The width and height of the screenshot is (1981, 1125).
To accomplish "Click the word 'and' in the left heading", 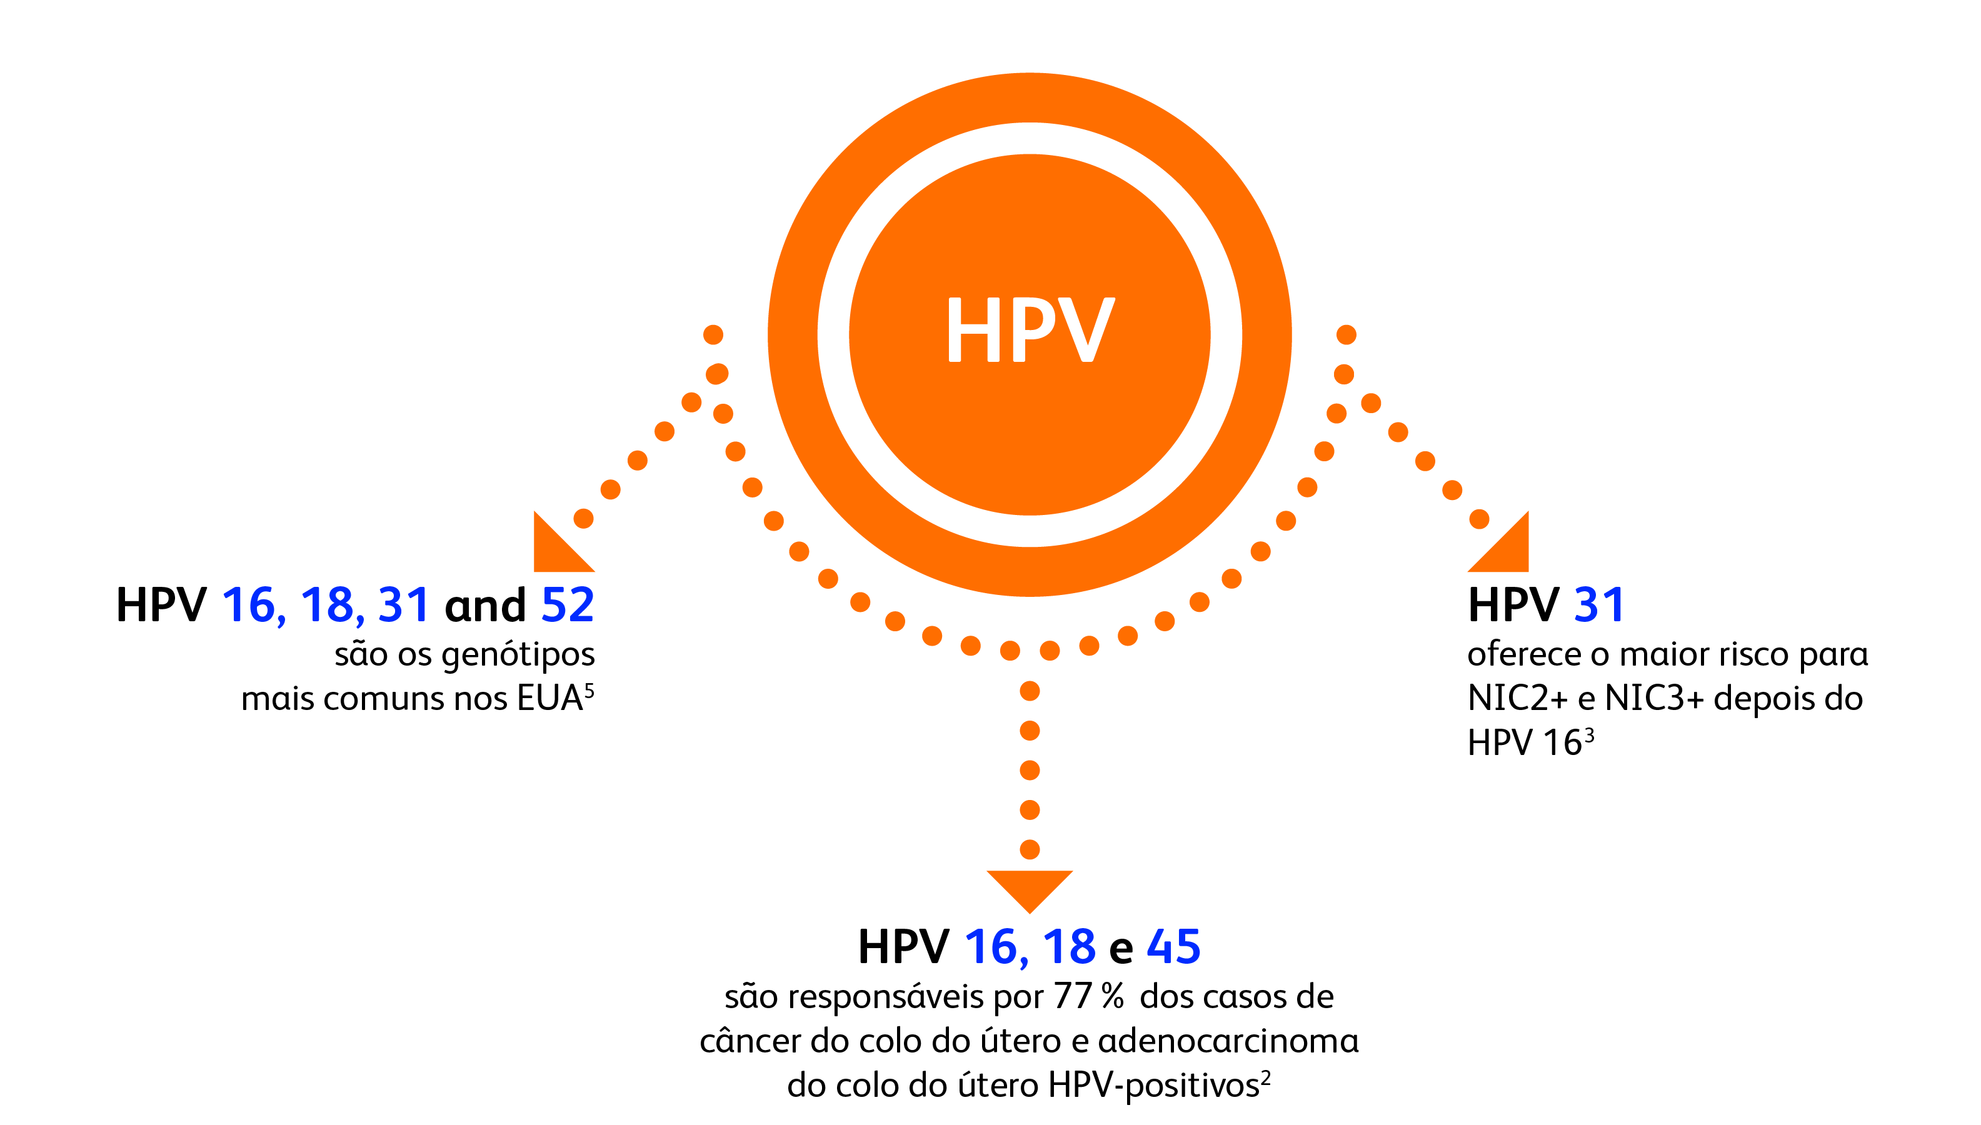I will (x=484, y=605).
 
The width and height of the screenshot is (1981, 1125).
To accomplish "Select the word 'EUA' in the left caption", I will (x=549, y=699).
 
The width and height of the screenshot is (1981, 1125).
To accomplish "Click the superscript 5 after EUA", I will (x=589, y=689).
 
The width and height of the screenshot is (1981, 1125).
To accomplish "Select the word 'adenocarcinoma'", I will (x=1228, y=1041).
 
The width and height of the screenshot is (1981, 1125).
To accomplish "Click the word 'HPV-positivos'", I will (x=1153, y=1086).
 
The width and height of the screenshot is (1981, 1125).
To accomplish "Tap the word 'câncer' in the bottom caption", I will (x=750, y=1041).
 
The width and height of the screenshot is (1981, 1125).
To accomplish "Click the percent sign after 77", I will (x=1112, y=997).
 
